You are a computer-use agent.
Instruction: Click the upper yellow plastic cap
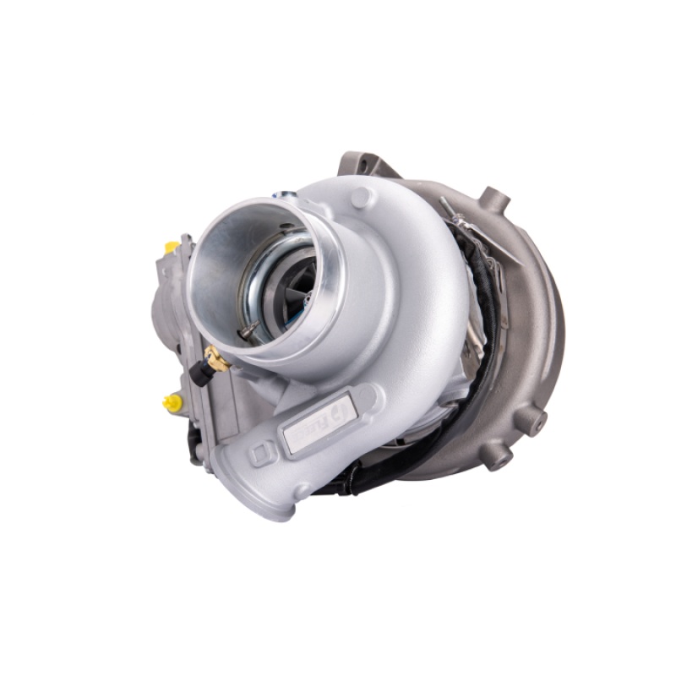point(172,247)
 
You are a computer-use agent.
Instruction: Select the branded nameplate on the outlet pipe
point(319,417)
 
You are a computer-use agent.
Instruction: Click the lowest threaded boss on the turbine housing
point(499,457)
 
